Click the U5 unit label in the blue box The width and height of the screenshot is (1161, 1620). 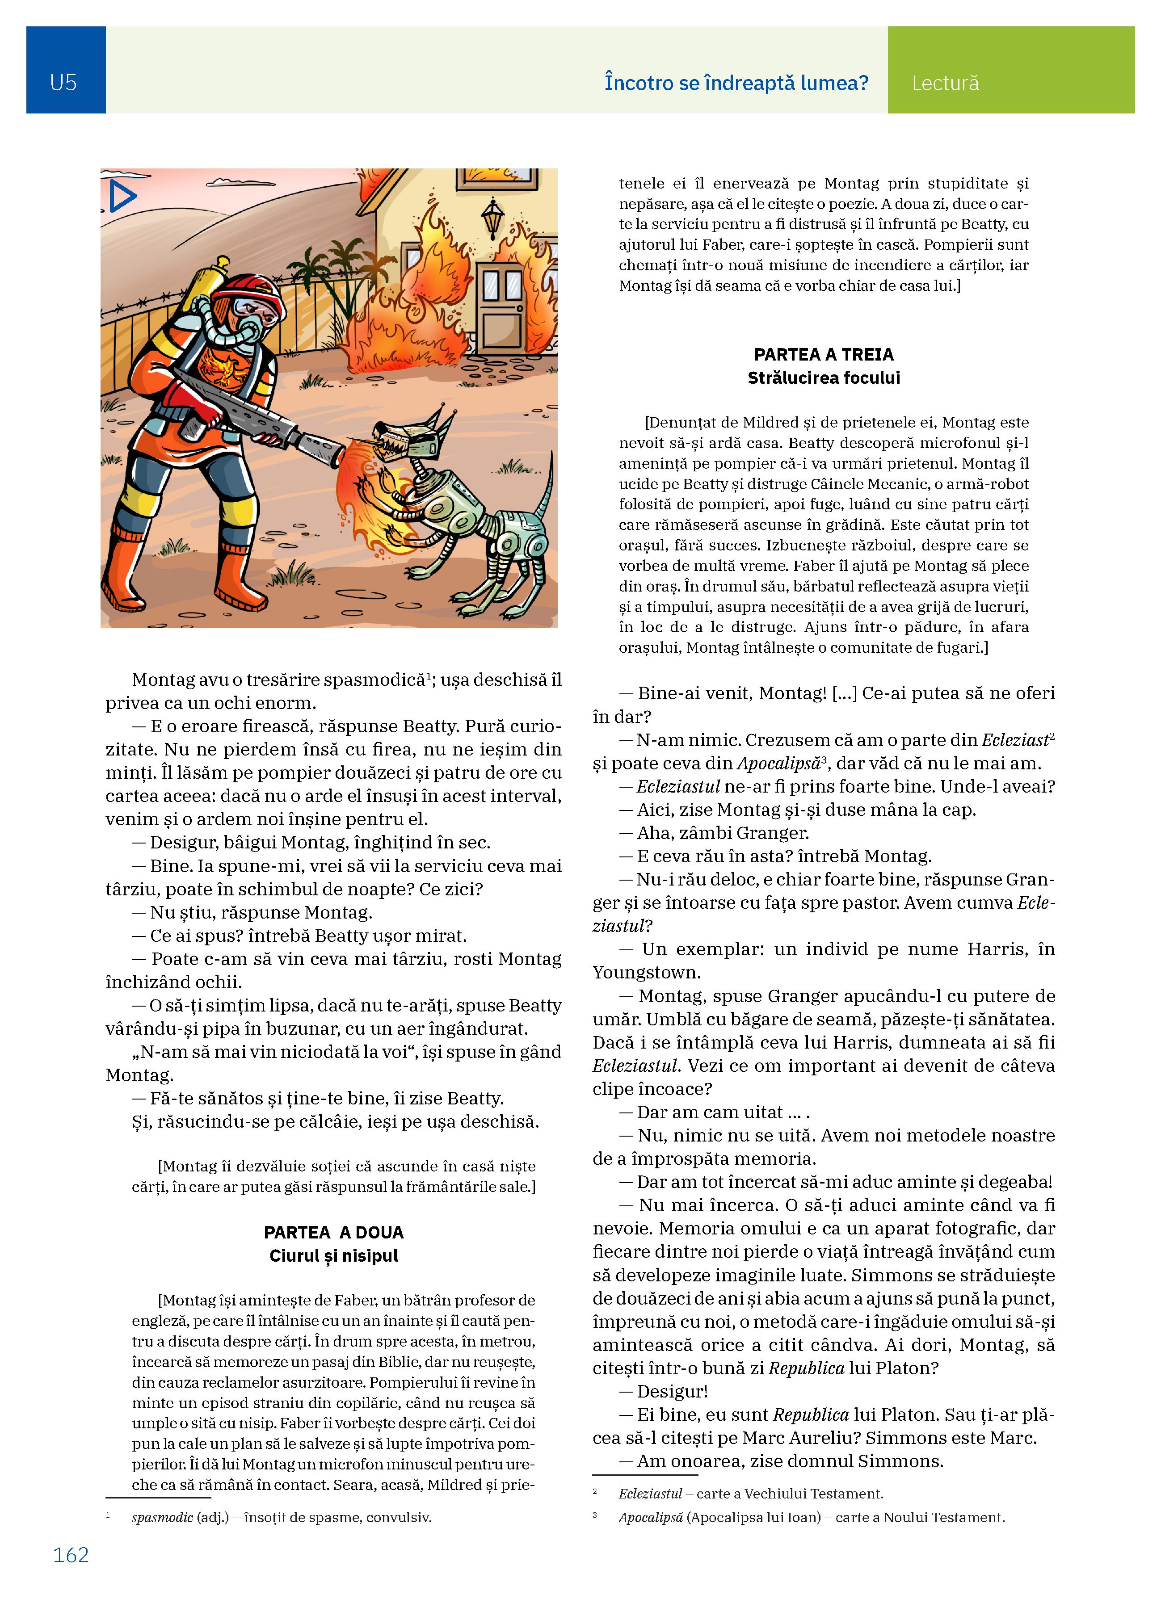coord(63,83)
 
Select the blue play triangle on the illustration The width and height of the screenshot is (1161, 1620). coord(122,197)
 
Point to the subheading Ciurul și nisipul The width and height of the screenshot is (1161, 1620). coord(334,1256)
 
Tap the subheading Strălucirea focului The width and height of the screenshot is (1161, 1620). coord(823,378)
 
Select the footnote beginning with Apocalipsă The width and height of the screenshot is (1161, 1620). coord(811,1517)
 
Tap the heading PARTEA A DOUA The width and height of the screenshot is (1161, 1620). coord(334,1232)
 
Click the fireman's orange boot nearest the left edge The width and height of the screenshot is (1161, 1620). coord(125,571)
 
